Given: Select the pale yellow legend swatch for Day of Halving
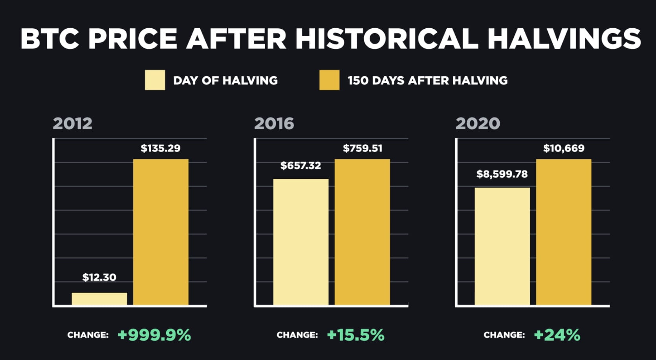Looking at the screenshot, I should [x=155, y=80].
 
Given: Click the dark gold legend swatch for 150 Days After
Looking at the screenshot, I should [x=329, y=80].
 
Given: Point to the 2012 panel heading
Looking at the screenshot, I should [x=73, y=123].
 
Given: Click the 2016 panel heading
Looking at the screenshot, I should [x=274, y=123].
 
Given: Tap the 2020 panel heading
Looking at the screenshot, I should [x=478, y=123].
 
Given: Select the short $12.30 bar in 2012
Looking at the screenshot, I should [x=99, y=299].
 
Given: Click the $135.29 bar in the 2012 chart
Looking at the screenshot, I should [x=161, y=232].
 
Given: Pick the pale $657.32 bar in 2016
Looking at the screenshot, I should [x=301, y=242].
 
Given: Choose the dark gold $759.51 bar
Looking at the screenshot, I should [x=362, y=232].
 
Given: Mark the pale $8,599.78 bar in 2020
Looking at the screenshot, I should [x=502, y=246].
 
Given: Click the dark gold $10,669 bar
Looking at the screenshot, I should [x=563, y=232].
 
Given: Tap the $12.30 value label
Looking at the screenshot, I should [x=99, y=277].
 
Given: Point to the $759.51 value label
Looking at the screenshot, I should [x=362, y=148].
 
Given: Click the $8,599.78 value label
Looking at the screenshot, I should [x=502, y=174].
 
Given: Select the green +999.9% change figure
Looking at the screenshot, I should [x=154, y=335].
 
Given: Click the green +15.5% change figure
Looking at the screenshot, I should [x=355, y=335].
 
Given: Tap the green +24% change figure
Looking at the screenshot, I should [x=557, y=335].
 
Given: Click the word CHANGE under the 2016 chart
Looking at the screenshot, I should [x=297, y=335].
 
